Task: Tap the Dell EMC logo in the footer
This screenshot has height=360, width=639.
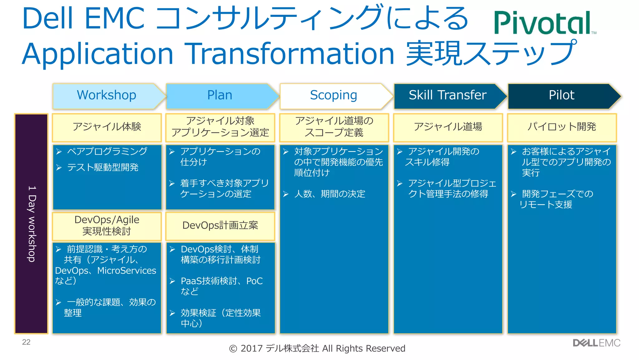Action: pyautogui.click(x=596, y=343)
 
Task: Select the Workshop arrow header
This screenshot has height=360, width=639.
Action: pyautogui.click(x=107, y=95)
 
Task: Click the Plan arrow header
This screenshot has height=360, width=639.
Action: pyautogui.click(x=220, y=95)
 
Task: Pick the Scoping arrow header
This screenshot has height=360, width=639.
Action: pyautogui.click(x=334, y=95)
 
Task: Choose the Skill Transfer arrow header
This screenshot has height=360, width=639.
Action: pyautogui.click(x=447, y=95)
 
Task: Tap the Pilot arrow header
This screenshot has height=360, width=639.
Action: pyautogui.click(x=561, y=95)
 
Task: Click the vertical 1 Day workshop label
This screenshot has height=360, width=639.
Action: pyautogui.click(x=32, y=224)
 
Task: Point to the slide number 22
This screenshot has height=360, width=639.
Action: pyautogui.click(x=26, y=342)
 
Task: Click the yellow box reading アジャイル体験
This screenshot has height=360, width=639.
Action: pyautogui.click(x=107, y=127)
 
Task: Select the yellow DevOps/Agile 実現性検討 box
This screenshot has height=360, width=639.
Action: pyautogui.click(x=107, y=225)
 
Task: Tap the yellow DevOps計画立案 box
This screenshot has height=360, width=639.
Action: pyautogui.click(x=220, y=225)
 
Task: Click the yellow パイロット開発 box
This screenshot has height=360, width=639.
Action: pyautogui.click(x=562, y=127)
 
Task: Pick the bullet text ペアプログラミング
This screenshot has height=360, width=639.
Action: pyautogui.click(x=107, y=151)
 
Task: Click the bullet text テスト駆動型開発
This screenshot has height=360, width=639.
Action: pyautogui.click(x=103, y=168)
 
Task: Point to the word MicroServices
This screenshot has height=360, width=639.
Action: pyautogui.click(x=127, y=271)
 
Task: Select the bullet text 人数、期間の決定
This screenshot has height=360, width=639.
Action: pyautogui.click(x=330, y=194)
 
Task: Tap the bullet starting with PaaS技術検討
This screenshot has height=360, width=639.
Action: pyautogui.click(x=222, y=281)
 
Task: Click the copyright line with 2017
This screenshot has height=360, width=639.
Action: pyautogui.click(x=317, y=348)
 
